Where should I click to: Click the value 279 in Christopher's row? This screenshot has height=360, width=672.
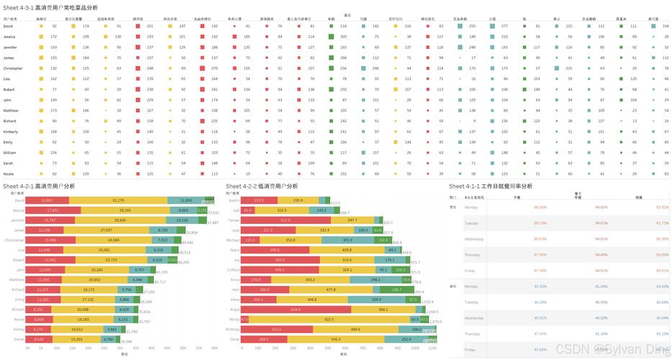214,68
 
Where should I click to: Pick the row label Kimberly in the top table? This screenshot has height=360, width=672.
11,132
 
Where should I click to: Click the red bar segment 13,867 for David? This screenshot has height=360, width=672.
47,199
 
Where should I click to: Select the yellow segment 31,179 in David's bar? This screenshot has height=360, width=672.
118,199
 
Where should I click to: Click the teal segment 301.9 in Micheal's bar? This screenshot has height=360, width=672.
348,239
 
